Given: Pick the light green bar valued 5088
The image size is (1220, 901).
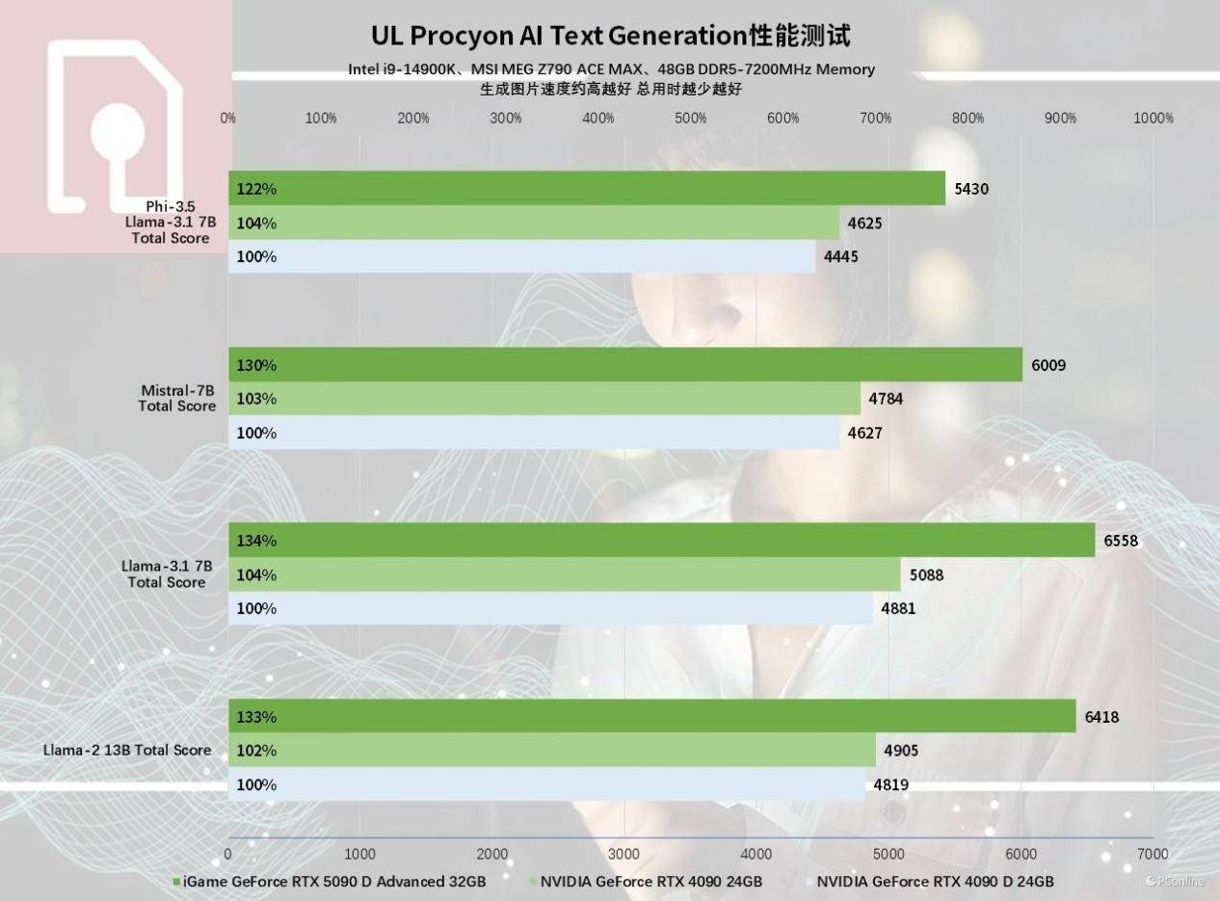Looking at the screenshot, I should tap(564, 575).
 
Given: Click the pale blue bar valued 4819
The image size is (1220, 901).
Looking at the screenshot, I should tap(546, 784).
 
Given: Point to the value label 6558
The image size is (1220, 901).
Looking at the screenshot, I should tap(1121, 541).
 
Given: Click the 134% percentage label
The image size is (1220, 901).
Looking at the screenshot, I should tap(256, 541).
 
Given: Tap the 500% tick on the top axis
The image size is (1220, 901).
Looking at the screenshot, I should tap(691, 119).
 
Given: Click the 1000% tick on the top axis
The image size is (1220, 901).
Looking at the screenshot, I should tap(1154, 119).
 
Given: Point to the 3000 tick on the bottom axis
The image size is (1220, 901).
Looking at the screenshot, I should tap(624, 854).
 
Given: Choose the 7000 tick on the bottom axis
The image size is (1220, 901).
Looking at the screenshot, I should tap(1153, 854).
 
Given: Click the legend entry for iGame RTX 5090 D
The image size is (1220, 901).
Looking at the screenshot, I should tap(332, 882).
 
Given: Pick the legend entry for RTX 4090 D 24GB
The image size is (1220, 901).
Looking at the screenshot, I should tap(933, 882).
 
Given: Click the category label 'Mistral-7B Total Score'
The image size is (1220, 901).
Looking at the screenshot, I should tap(177, 398).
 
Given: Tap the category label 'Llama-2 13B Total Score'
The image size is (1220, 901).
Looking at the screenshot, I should tap(126, 750).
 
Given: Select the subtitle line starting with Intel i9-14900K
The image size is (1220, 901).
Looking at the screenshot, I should tap(611, 69).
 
